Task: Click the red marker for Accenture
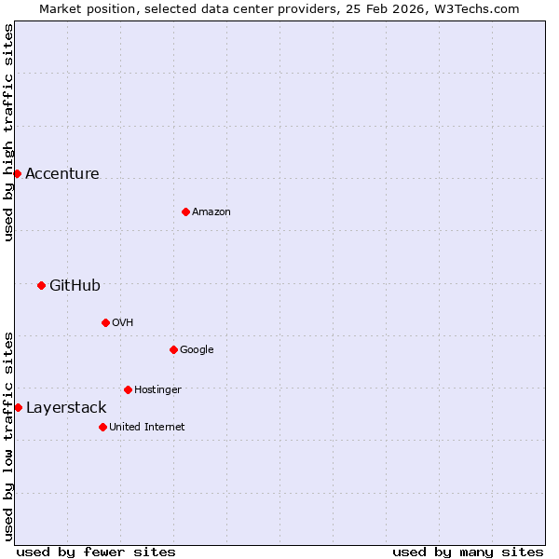(17, 173)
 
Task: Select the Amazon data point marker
(185, 211)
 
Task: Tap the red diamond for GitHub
(41, 285)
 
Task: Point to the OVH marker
(105, 322)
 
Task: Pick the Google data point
(173, 349)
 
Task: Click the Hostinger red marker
(128, 389)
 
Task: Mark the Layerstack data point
(18, 407)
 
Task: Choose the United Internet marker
(102, 427)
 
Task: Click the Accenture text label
(61, 174)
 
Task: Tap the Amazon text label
(211, 212)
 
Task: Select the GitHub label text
(75, 286)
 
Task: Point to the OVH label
(123, 323)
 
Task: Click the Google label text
(197, 350)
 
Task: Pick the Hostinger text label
(157, 390)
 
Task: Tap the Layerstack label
(66, 408)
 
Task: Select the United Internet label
(146, 428)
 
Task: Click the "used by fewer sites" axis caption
(96, 552)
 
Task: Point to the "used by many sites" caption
(468, 552)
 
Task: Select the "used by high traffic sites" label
(8, 132)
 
